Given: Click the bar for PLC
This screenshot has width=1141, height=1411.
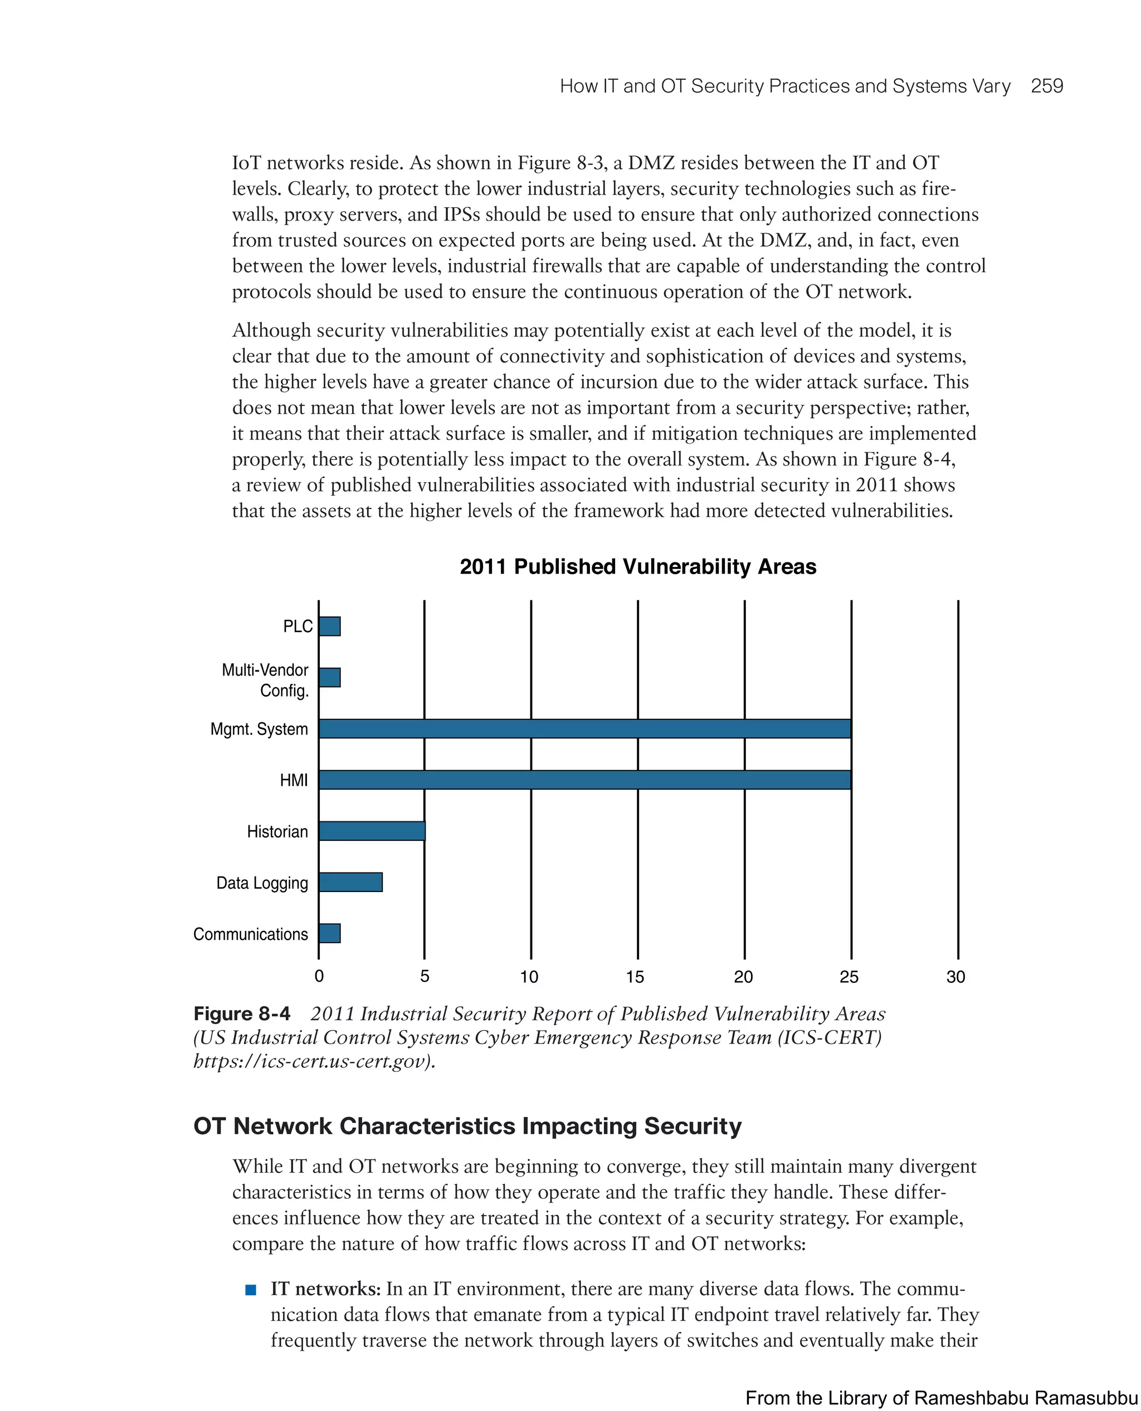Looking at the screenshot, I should (329, 626).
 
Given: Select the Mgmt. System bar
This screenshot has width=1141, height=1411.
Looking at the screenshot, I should (584, 728).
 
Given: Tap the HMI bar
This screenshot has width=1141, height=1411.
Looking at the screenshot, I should (584, 780).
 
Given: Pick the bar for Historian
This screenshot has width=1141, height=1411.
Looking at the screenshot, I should (372, 831).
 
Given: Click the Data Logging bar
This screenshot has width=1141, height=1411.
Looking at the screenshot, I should (350, 882).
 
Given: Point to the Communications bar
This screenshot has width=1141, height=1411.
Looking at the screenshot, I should (329, 933).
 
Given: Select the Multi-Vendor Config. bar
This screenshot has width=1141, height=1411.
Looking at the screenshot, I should (329, 677).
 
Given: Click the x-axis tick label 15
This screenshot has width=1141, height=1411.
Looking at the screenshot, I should (635, 977).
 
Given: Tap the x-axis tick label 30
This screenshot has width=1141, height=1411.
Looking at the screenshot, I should (955, 977).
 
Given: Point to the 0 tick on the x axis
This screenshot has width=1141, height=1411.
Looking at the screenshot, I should (319, 977).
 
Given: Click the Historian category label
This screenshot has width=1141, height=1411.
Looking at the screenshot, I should (277, 832).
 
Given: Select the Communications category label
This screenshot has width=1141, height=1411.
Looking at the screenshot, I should (250, 934).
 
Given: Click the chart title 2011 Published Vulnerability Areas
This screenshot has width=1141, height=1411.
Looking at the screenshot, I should (637, 566).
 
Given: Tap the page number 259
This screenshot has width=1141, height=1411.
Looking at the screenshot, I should (1046, 86).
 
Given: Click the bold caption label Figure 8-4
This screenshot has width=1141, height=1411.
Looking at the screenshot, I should (241, 1013).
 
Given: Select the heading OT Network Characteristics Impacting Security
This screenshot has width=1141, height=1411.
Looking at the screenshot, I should (467, 1126).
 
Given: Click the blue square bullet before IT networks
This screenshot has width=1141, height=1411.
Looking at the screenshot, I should (250, 1290).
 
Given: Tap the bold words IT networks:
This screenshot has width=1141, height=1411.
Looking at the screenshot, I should (325, 1289).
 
